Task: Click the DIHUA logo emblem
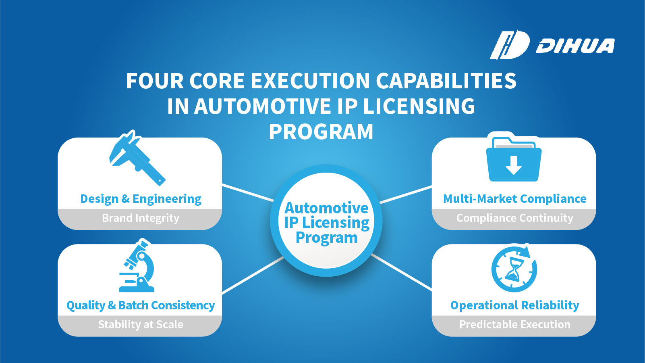coord(509,45)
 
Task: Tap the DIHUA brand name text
coord(575,46)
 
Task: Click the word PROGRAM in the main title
coord(321,132)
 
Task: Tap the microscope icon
coord(137,265)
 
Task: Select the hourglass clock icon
coord(514,269)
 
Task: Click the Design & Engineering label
coord(141,199)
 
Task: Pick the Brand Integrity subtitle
coord(141,218)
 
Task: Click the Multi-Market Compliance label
coord(514,199)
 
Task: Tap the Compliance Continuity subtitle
coord(514,218)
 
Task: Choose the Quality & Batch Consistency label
coord(141,305)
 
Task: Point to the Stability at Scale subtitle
coord(141,324)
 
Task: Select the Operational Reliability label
coord(514,305)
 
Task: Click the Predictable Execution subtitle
coord(514,324)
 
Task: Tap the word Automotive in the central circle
coord(326,208)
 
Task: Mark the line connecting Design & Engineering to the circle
coord(248,192)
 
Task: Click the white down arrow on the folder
coord(514,165)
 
